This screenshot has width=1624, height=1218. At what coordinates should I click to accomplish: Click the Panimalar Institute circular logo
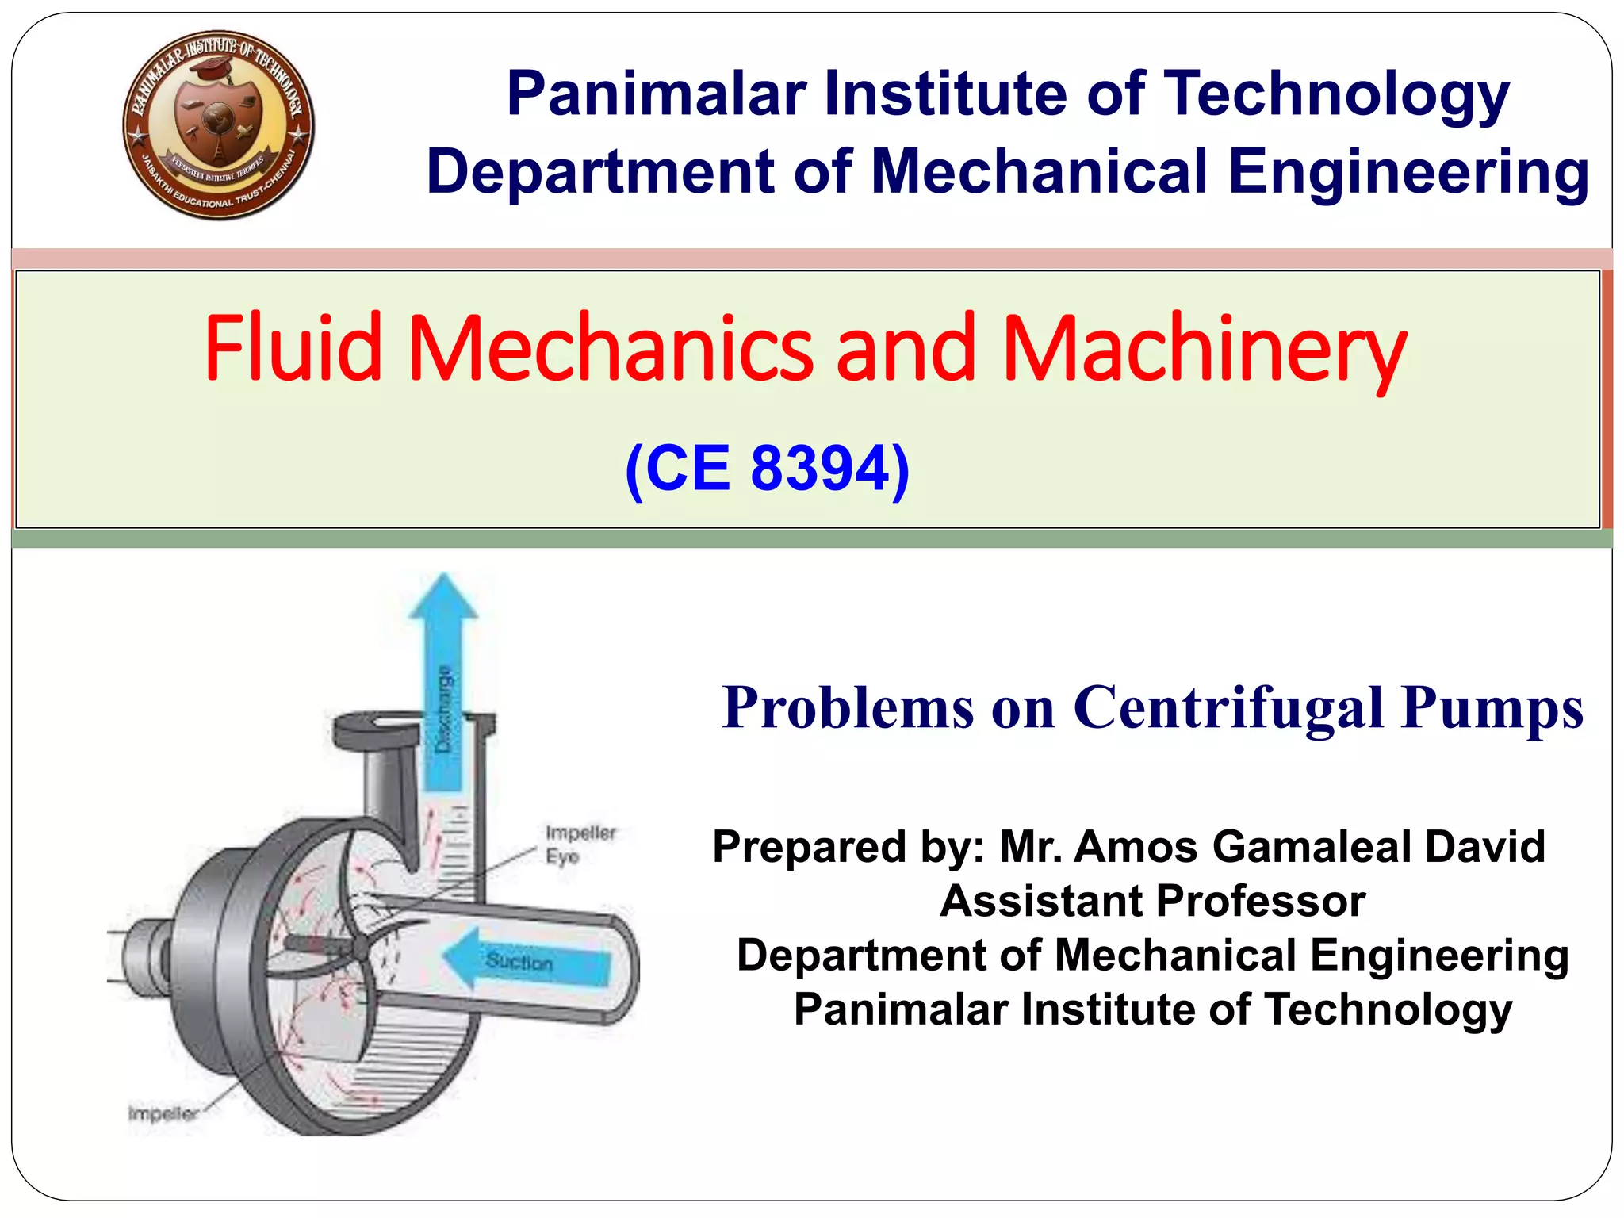point(218,125)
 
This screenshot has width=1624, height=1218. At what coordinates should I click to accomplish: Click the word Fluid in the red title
point(293,349)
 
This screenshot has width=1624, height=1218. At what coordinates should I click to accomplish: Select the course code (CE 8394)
point(767,469)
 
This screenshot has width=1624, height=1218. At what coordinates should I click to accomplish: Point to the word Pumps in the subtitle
point(1492,708)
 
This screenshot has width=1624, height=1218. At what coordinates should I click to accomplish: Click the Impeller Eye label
point(580,844)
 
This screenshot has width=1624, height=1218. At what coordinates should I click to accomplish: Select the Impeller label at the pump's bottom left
point(163,1113)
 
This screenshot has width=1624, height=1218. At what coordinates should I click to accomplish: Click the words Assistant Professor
point(1152,901)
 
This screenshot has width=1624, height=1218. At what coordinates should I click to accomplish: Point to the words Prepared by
point(848,846)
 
